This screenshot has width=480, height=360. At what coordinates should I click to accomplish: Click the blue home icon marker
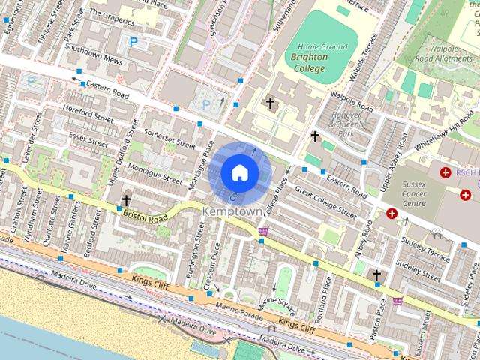pyautogui.click(x=239, y=173)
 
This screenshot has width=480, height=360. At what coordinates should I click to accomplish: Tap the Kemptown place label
pyautogui.click(x=233, y=212)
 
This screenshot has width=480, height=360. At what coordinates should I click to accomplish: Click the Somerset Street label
pyautogui.click(x=169, y=139)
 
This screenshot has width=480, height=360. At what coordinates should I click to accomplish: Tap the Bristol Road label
pyautogui.click(x=146, y=215)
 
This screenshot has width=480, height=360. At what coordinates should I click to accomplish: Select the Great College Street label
pyautogui.click(x=325, y=202)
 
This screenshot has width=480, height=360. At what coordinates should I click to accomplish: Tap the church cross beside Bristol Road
pyautogui.click(x=126, y=201)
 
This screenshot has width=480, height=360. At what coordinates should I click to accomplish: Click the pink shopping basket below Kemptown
pyautogui.click(x=263, y=232)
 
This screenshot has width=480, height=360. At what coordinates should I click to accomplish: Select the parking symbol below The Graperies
pyautogui.click(x=133, y=43)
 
